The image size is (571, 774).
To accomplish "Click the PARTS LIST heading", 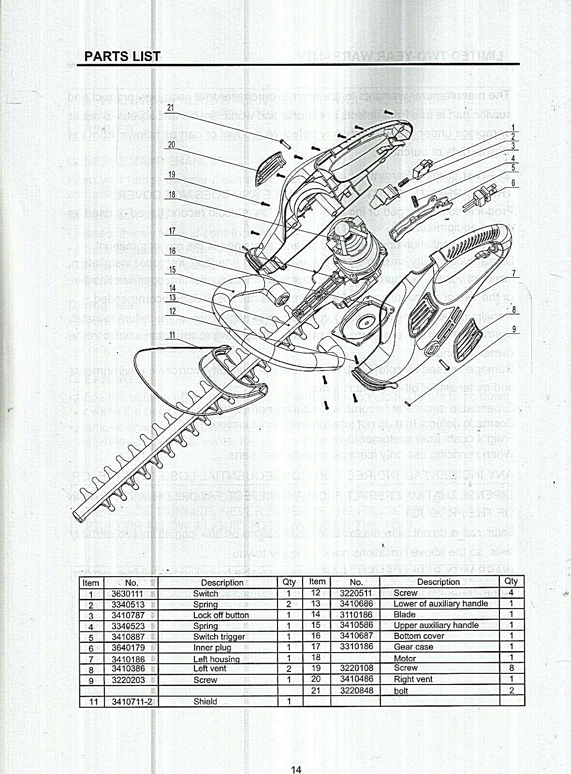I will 122,57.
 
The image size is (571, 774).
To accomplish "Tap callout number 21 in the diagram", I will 170,108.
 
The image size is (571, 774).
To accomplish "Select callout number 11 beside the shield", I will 173,335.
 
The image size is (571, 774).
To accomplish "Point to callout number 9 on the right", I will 514,329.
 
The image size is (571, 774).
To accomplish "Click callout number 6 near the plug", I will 513,184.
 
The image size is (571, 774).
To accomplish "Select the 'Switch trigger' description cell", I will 219,637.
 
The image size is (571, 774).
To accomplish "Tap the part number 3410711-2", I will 129,701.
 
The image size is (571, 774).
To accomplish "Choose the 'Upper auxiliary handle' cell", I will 436,625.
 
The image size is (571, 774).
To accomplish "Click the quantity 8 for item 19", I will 511,668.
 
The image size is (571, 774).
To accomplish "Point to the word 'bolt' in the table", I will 401,691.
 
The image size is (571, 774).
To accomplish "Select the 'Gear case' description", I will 413,647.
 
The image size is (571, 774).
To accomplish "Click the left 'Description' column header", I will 222,583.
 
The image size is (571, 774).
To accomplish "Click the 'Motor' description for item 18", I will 405,658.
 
